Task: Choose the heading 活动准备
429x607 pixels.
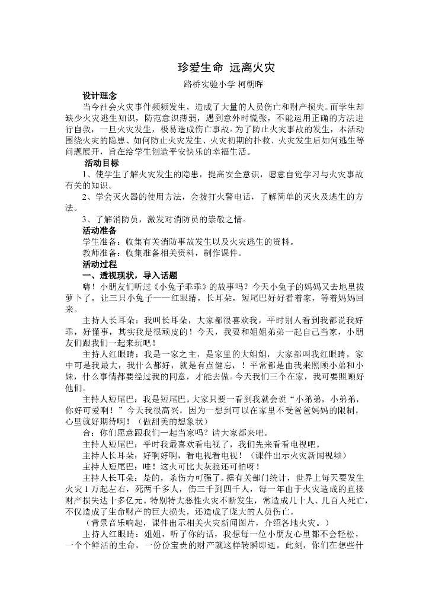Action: [100, 230]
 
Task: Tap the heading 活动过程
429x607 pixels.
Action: [100, 264]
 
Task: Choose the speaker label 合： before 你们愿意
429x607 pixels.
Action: [89, 433]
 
